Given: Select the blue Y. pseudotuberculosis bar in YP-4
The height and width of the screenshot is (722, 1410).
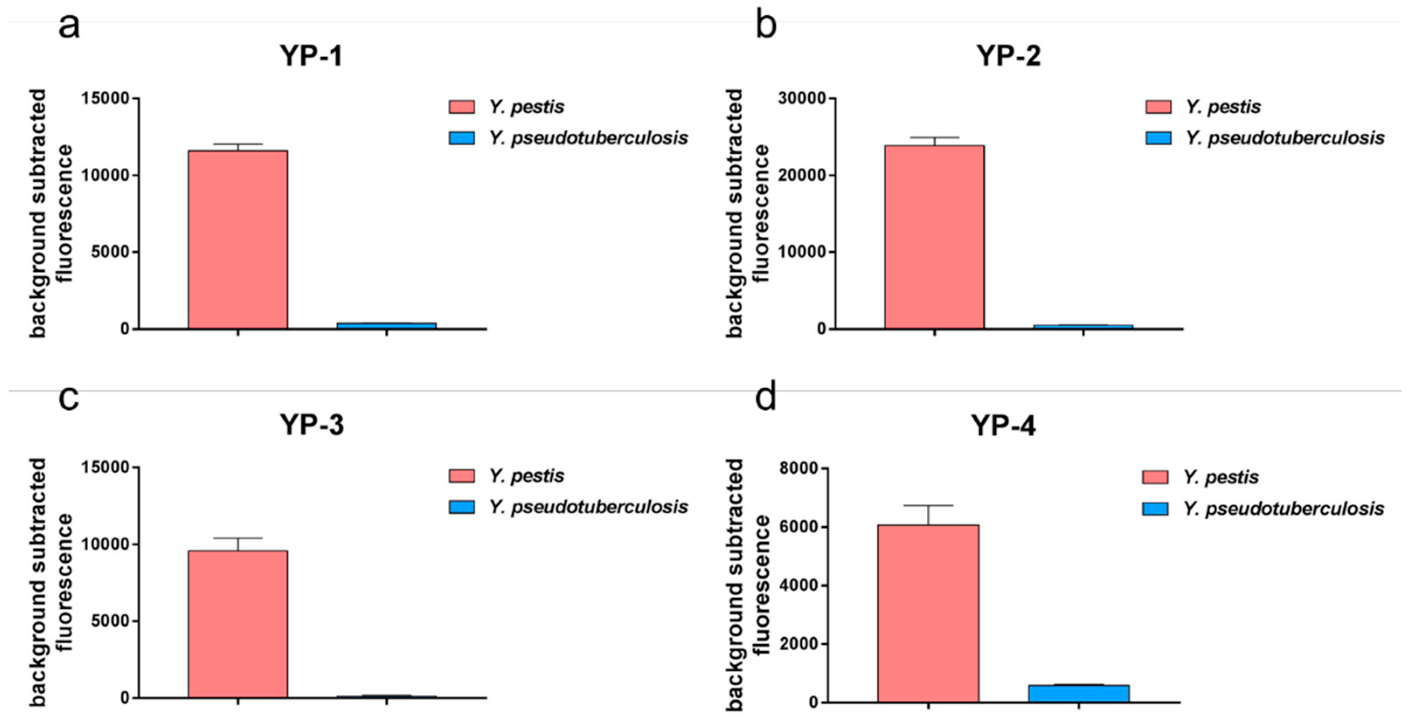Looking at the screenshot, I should [x=1078, y=693].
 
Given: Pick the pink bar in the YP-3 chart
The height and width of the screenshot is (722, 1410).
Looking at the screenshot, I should [x=238, y=624].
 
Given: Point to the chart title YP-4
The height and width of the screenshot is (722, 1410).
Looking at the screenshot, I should [x=1003, y=425].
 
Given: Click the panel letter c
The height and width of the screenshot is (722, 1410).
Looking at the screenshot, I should [x=69, y=397].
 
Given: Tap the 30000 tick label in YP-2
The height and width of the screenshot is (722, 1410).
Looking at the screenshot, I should [x=801, y=98].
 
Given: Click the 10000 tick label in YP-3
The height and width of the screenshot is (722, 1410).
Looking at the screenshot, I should [x=105, y=544].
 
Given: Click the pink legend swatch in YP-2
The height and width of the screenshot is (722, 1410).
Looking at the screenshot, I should [x=1158, y=107].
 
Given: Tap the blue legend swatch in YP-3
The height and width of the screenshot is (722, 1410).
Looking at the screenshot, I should [x=461, y=507].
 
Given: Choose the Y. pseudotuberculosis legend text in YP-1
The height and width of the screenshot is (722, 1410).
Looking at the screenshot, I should [x=589, y=138].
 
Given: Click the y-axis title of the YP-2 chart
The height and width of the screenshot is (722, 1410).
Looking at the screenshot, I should [x=748, y=213].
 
